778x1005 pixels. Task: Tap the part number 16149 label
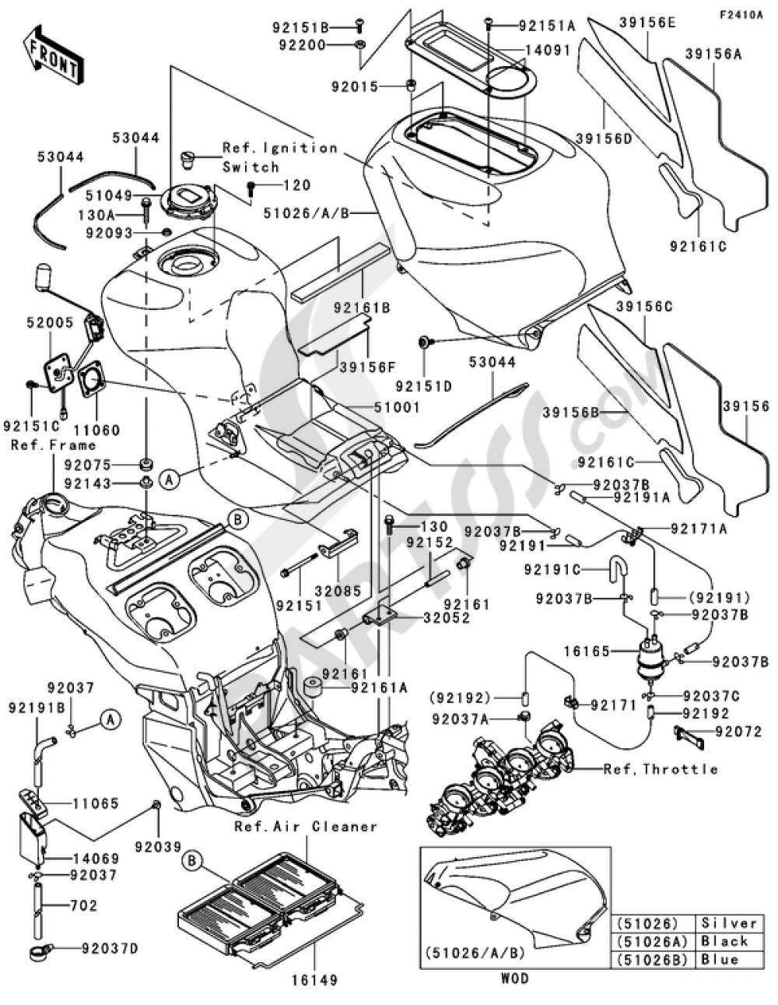pos(316,980)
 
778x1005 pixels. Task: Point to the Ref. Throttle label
pos(661,768)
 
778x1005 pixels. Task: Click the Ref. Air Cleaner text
pos(306,826)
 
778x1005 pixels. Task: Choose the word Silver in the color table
pos(728,922)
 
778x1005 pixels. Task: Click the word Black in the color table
pos(724,941)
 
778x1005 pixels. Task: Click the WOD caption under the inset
pos(515,978)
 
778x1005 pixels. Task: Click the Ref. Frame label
pos(53,445)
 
